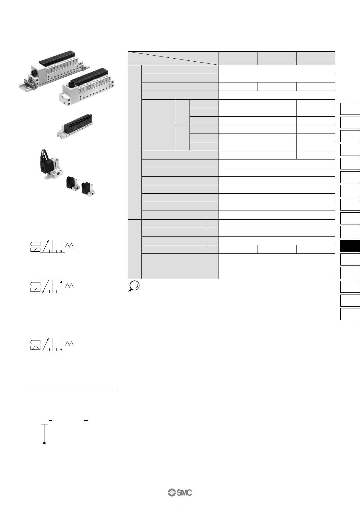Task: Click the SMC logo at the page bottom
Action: [x=180, y=493]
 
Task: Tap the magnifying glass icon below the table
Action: [x=134, y=286]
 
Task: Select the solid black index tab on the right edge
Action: [x=350, y=246]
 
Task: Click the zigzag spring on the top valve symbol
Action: [x=69, y=246]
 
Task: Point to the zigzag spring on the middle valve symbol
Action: [x=69, y=286]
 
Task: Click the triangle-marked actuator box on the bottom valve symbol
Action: [x=35, y=348]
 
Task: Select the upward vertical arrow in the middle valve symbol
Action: [x=61, y=286]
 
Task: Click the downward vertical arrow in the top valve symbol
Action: [x=61, y=246]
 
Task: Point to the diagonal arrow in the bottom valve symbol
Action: [x=45, y=344]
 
